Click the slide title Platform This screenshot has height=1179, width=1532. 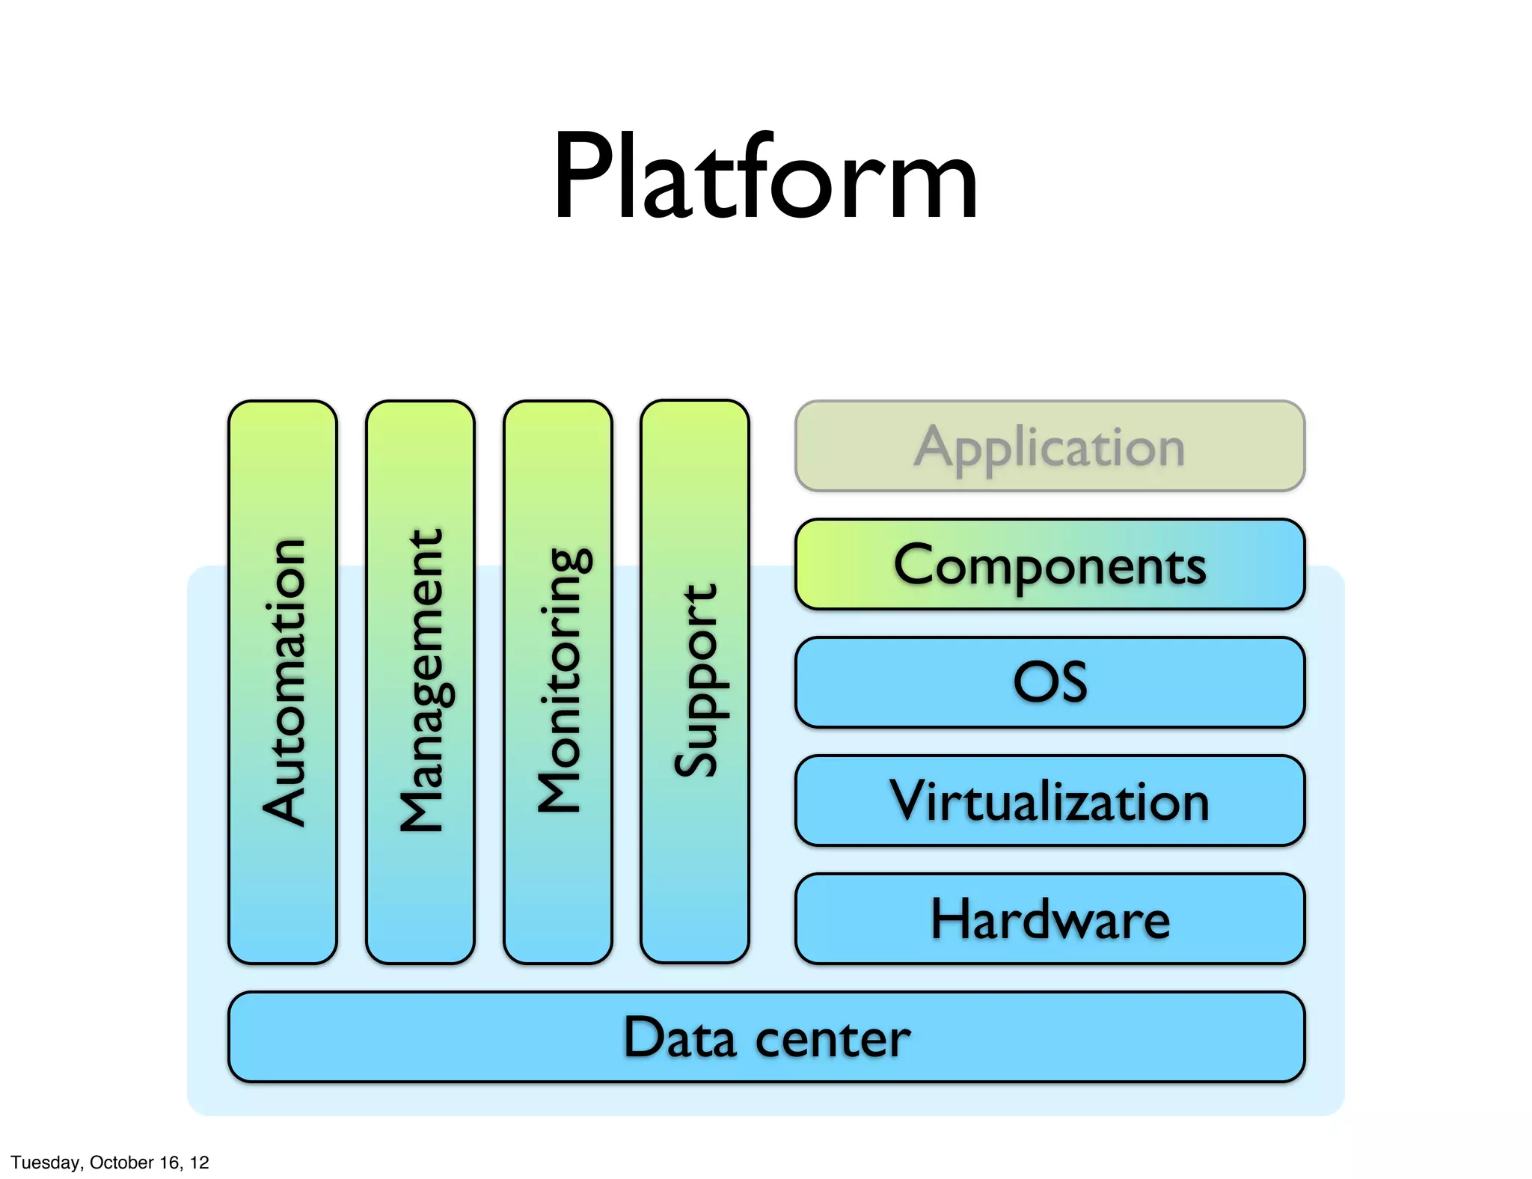tap(765, 178)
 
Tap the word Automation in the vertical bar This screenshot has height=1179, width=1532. tap(284, 682)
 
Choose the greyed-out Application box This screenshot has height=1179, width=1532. tap(1050, 447)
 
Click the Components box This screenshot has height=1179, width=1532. tap(1050, 565)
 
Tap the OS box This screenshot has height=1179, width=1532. tap(1050, 682)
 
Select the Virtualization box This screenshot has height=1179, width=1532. tap(1050, 801)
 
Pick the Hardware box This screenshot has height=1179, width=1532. tap(1050, 919)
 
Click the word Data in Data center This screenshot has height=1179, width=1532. tap(679, 1038)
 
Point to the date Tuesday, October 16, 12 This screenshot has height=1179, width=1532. tap(110, 1162)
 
